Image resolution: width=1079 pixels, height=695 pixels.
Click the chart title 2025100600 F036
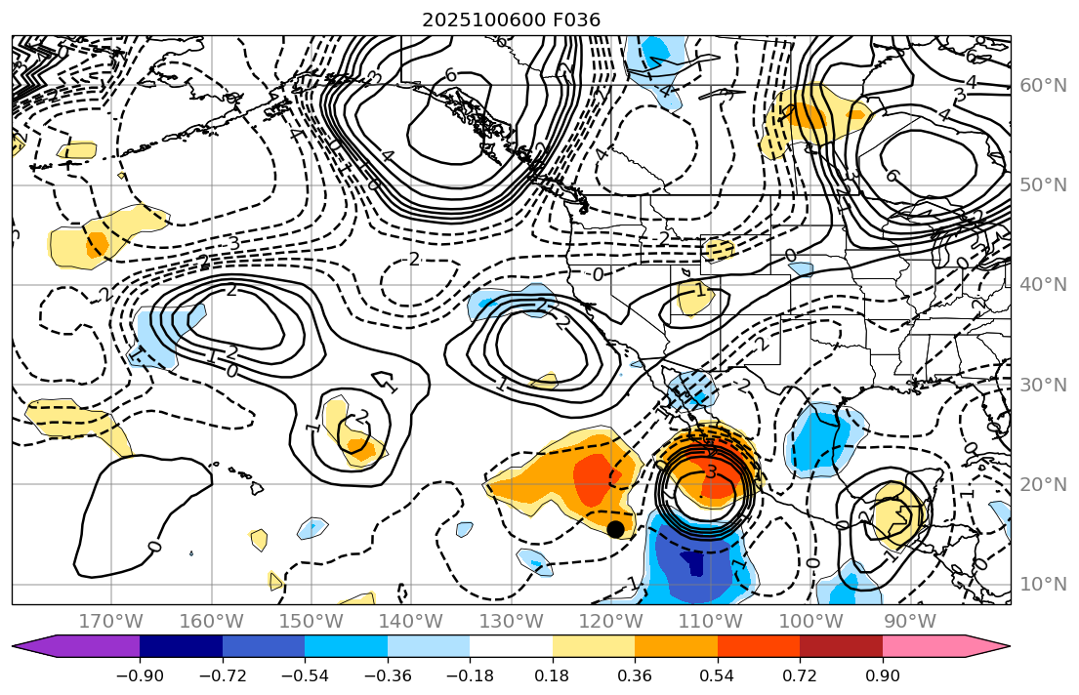(511, 20)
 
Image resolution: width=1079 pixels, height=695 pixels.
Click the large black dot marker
(615, 529)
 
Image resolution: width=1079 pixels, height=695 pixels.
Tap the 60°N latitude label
(1043, 86)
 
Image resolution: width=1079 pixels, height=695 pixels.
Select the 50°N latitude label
(1043, 185)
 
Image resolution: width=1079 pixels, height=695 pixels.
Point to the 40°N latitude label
(1043, 285)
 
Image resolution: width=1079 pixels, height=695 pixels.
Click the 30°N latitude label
(1043, 385)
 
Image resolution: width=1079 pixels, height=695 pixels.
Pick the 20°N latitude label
(1043, 484)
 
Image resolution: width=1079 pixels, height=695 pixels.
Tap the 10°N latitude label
(1043, 584)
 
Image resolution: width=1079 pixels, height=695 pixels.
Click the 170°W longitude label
(111, 621)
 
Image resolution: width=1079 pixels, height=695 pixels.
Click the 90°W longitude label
(909, 621)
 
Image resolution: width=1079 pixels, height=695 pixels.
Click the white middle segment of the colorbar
(511, 646)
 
